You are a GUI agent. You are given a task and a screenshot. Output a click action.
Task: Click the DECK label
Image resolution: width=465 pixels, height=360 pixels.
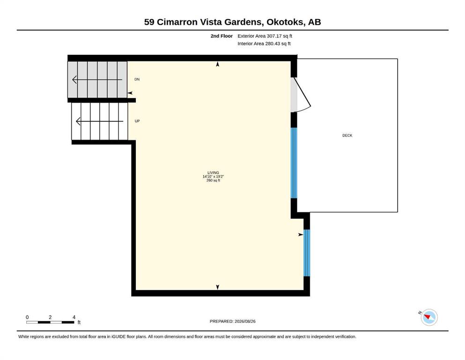347,135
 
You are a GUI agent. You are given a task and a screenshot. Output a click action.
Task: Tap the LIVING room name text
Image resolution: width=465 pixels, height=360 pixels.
213,172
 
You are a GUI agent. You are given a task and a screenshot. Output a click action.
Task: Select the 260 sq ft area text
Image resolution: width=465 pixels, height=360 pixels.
213,180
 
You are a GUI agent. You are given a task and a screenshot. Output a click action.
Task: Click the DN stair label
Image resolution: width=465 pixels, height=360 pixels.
137,79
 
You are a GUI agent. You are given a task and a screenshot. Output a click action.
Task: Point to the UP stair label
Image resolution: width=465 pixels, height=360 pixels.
137,121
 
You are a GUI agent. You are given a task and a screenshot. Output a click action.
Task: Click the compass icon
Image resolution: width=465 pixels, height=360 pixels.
429,317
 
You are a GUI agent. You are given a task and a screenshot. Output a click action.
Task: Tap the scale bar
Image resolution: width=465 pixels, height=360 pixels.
50,322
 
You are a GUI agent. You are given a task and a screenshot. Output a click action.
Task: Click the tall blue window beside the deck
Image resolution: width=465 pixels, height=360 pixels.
294,163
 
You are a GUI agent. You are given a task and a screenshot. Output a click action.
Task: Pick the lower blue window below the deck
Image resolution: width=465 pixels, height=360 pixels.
307,253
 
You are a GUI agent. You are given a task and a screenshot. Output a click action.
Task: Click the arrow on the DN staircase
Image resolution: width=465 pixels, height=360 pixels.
97,80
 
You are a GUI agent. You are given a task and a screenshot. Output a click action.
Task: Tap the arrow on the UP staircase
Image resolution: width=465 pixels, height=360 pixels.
100,121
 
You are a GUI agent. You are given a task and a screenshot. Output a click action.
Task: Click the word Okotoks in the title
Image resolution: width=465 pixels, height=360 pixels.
285,22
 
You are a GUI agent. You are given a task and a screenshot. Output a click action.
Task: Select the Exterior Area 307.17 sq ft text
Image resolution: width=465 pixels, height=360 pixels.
265,36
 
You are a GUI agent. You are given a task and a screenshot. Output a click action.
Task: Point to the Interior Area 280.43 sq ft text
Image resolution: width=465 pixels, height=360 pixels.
264,44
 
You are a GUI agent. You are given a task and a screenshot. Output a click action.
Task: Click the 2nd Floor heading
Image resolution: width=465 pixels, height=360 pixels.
221,36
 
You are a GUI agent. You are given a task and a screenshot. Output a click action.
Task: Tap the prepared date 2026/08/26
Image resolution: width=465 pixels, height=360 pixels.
245,321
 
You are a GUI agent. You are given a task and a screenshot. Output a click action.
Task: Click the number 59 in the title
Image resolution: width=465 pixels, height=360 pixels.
149,22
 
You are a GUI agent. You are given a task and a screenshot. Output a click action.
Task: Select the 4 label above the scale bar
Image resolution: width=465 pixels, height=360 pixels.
74,317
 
